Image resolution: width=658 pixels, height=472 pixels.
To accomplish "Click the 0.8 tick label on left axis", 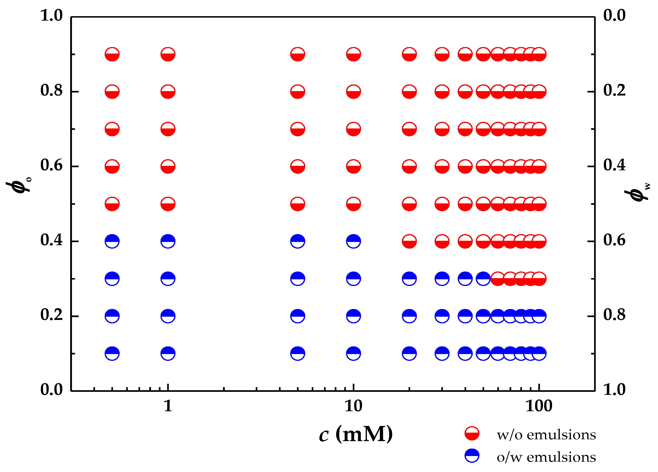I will click(51, 90).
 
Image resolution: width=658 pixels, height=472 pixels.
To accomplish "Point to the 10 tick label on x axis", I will click(353, 406).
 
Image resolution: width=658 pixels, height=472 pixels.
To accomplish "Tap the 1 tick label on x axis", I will click(168, 406).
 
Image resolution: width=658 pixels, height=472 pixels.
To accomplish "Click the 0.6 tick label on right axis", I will click(615, 240).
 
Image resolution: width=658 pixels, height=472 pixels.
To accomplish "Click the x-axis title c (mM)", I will click(356, 434).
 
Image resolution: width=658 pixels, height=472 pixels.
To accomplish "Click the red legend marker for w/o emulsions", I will click(472, 434).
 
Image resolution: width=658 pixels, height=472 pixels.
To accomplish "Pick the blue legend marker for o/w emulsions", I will click(472, 456).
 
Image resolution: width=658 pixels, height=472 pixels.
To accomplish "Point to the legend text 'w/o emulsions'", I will click(546, 435).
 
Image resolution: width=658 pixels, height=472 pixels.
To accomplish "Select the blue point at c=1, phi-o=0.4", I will click(168, 241).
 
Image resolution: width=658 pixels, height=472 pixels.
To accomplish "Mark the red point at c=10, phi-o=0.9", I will click(353, 54).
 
